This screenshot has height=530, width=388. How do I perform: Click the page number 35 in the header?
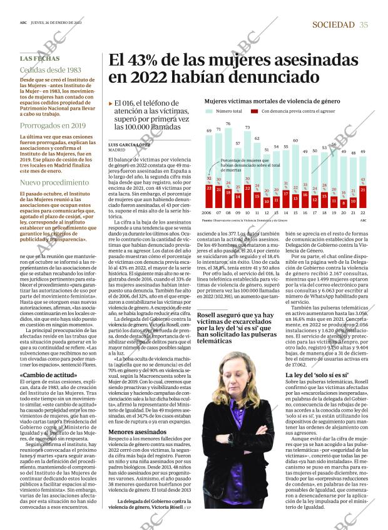(364, 24)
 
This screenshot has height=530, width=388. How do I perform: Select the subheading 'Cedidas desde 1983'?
(50, 70)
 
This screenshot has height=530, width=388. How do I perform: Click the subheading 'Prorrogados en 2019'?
(53, 125)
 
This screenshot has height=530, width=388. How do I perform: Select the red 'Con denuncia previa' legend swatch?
(254, 111)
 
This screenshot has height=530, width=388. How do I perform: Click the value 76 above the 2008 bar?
(228, 124)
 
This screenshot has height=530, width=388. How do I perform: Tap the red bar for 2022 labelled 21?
(363, 190)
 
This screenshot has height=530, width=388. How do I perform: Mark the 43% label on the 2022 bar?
(363, 180)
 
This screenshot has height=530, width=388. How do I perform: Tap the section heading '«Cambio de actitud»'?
(46, 375)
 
